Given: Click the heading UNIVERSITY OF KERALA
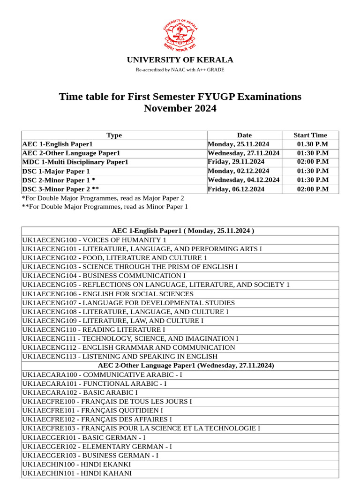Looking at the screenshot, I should [180, 60].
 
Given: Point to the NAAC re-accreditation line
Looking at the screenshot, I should [180, 70].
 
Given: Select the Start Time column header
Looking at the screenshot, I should [310, 135].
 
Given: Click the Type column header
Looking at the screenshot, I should [114, 135].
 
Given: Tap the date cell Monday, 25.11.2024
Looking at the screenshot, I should [238, 144].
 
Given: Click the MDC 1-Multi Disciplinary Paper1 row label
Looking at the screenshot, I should [75, 162].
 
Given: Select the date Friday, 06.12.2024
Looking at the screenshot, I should [236, 189].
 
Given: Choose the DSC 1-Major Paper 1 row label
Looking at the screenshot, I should [56, 171].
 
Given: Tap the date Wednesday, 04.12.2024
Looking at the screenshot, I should [244, 180].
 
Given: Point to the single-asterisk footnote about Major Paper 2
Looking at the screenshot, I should [103, 198].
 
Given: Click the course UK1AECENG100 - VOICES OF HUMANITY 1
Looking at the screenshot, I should [94, 240].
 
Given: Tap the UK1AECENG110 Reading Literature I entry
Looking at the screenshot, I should [93, 330].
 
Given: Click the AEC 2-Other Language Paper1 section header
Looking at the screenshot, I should [186, 365].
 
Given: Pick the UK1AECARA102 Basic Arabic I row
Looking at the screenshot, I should [80, 392].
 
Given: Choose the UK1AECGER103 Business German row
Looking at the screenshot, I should [90, 455].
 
